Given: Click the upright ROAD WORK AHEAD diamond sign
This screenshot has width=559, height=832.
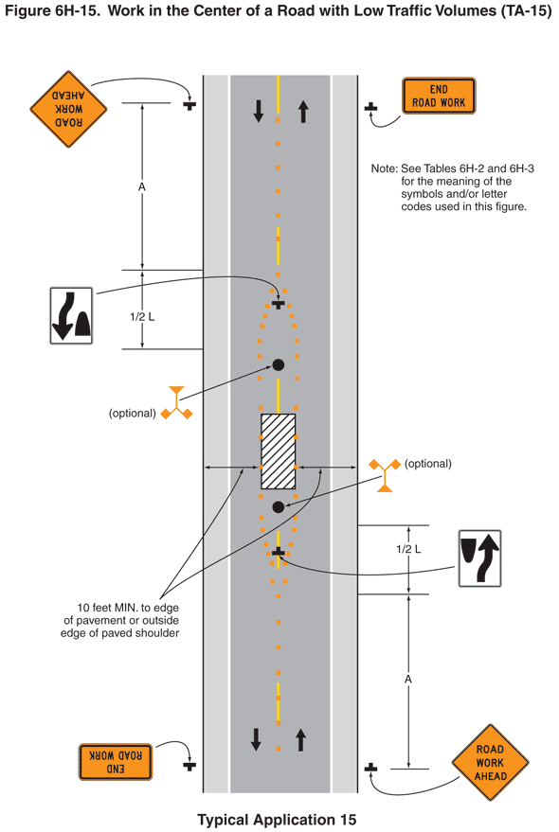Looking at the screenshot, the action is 490,763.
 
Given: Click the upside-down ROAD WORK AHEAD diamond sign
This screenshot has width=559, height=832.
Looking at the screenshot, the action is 68,109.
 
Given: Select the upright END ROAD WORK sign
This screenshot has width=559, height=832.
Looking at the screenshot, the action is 439,96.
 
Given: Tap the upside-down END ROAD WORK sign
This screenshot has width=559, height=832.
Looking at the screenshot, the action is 116,762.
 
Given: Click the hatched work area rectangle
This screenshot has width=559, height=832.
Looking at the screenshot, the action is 278,451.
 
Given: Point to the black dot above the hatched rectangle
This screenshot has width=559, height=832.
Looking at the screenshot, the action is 278,364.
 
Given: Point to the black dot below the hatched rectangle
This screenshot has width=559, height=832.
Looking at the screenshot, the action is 278,507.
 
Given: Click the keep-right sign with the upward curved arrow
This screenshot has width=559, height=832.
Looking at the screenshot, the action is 479,558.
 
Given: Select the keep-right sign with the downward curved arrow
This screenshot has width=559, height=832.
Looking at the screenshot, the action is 71,316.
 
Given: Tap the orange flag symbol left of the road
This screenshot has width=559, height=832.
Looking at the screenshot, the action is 176,403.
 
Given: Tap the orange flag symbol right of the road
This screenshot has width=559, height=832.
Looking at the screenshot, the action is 385,475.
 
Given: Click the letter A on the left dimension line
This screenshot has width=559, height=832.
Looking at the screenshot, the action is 142,187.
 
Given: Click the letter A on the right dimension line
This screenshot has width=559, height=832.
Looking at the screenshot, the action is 408,680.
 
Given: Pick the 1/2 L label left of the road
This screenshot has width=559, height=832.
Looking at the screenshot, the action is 142,317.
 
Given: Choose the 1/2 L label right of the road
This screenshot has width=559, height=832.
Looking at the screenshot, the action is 408,549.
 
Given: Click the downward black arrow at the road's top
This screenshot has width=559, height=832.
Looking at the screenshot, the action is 259,112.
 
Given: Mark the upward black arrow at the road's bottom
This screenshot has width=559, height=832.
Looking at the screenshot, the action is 300,739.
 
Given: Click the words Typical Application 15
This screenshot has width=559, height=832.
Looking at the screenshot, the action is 277,820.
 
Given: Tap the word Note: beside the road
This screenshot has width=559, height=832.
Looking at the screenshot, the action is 384,168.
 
